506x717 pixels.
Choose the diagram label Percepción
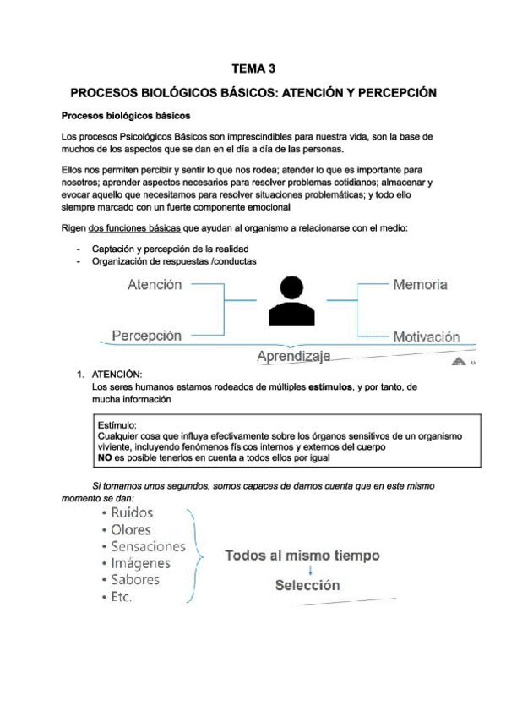tap(146, 336)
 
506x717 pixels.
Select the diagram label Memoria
tap(421, 285)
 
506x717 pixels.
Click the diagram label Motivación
tap(427, 336)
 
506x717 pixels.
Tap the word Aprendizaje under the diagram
tap(292, 357)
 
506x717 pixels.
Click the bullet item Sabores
tap(136, 579)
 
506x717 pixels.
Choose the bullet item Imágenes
tap(140, 562)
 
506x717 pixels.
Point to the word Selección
tap(307, 584)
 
